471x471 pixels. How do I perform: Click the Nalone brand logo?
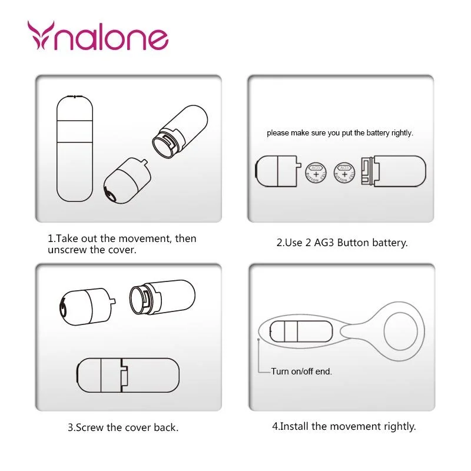(x=98, y=35)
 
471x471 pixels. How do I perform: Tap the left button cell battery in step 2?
(x=316, y=173)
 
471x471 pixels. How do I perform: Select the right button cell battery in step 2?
(x=344, y=173)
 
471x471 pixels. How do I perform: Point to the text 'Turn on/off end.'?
(x=301, y=372)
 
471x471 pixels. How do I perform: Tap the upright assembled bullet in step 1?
(x=75, y=148)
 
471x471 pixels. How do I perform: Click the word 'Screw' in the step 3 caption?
(x=89, y=427)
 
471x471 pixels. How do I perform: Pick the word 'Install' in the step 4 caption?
(x=294, y=426)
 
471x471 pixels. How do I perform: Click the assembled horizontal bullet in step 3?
(x=128, y=375)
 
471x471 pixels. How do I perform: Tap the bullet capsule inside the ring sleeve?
(x=301, y=331)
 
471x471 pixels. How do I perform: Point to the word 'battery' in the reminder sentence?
(x=377, y=133)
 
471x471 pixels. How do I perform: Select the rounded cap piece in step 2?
(x=278, y=171)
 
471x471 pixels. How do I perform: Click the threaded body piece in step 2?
(x=393, y=171)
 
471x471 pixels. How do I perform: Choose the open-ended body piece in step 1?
(x=180, y=131)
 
